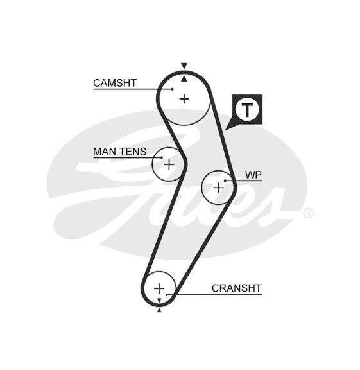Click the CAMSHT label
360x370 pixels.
(x=115, y=83)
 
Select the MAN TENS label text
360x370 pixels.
(x=120, y=152)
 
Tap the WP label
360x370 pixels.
(x=253, y=175)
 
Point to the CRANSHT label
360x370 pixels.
(x=236, y=288)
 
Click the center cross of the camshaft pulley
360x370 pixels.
(x=184, y=99)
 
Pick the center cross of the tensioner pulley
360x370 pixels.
(x=169, y=164)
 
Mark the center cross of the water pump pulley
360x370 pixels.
(x=219, y=188)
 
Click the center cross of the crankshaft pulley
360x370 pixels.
(x=159, y=288)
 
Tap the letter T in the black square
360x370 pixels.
(x=247, y=110)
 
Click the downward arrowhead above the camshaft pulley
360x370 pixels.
(x=184, y=66)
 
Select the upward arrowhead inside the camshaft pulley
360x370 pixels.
(x=184, y=79)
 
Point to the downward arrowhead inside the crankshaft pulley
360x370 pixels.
(x=159, y=301)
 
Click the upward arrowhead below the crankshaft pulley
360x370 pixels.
(x=159, y=310)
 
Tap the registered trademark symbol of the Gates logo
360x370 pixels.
(x=308, y=213)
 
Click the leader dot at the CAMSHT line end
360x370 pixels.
(x=173, y=89)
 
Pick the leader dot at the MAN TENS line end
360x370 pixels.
(x=162, y=157)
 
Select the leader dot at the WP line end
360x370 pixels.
(x=225, y=181)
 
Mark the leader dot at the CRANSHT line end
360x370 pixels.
(x=167, y=295)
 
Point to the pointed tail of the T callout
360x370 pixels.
(x=226, y=130)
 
